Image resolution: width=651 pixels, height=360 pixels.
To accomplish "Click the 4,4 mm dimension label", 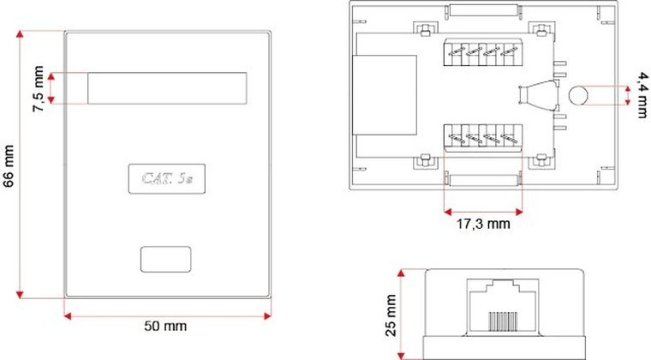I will point(637,94).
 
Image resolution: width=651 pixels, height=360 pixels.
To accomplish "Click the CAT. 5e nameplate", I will point(166,178).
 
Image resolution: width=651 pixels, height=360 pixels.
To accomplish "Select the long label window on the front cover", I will point(167,88).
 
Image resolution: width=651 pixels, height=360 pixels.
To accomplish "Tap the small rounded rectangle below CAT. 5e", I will point(166,259).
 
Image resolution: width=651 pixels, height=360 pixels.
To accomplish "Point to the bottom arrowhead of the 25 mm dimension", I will point(401,356).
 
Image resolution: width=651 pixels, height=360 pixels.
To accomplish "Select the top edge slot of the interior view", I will point(483,12).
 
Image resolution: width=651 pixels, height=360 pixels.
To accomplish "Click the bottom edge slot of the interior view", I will point(483,180).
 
